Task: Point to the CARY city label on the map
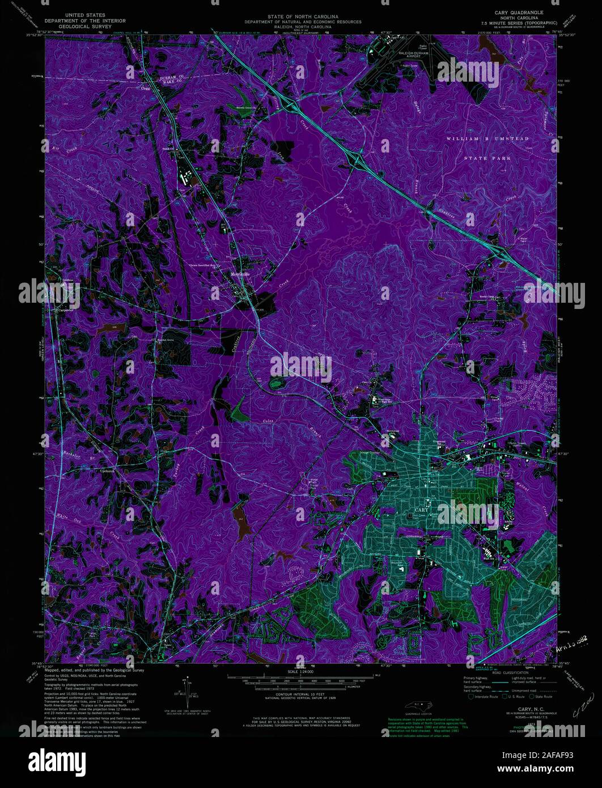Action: click(421, 510)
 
